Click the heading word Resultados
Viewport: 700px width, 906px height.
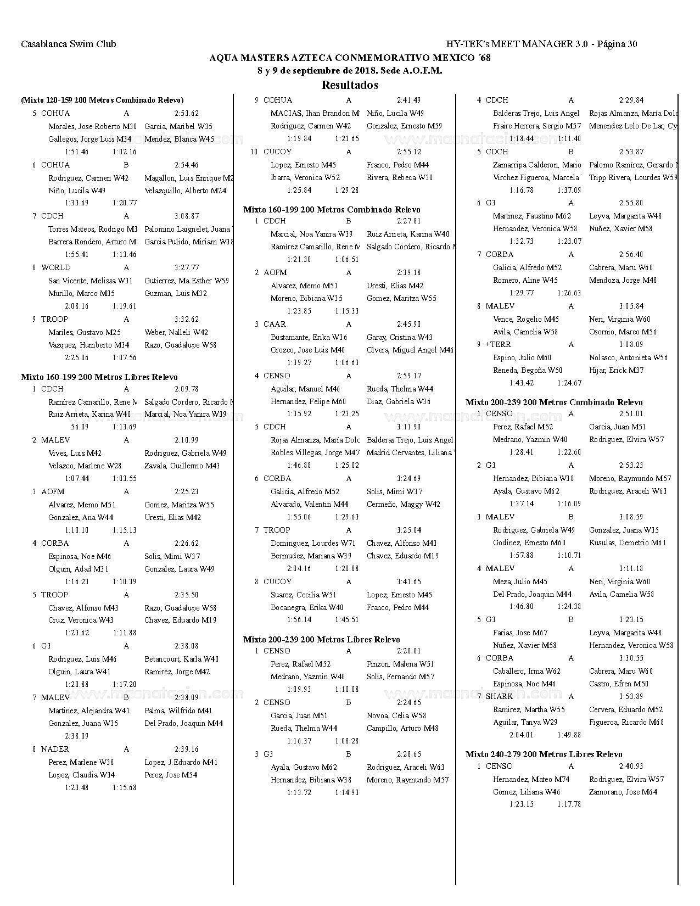coord(350,85)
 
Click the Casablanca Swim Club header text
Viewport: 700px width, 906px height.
coord(69,44)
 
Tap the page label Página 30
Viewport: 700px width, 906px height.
coord(617,44)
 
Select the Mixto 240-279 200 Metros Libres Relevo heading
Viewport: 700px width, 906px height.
coord(544,754)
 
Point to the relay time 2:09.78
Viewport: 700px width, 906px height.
coord(186,389)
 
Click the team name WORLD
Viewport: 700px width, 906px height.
coord(55,267)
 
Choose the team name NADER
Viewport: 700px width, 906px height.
coord(55,749)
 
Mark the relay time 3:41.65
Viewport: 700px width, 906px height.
coord(408,581)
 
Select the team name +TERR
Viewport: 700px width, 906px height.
coord(498,344)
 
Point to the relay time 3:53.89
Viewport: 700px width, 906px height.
coord(631,696)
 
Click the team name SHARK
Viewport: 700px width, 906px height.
coord(499,696)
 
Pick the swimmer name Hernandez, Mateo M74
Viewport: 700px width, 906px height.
coord(531,779)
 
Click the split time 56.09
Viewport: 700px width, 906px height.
coord(80,427)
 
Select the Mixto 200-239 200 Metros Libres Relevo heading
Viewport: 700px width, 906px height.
coord(321,639)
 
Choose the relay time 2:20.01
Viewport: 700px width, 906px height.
coord(408,651)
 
